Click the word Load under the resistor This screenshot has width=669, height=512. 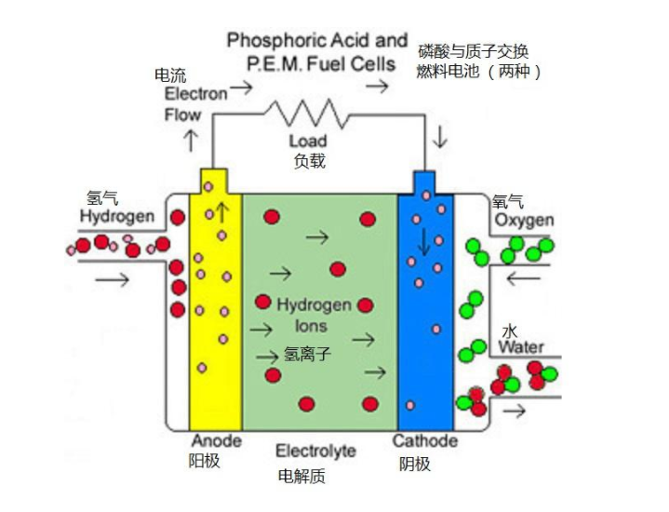click(x=308, y=141)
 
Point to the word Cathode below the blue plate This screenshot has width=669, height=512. click(x=424, y=440)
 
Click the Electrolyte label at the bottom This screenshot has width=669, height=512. click(x=315, y=451)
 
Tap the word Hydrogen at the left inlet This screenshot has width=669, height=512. click(x=116, y=217)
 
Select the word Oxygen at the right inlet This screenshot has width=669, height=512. click(x=524, y=221)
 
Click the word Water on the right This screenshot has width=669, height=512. click(x=521, y=347)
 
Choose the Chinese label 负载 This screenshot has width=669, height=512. click(x=309, y=161)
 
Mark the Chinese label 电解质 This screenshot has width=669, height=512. click(x=302, y=477)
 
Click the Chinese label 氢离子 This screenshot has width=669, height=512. click(x=307, y=354)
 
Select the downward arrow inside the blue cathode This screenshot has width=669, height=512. click(x=425, y=241)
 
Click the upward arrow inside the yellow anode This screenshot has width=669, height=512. click(x=222, y=211)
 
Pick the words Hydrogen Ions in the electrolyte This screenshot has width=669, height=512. click(x=314, y=316)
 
